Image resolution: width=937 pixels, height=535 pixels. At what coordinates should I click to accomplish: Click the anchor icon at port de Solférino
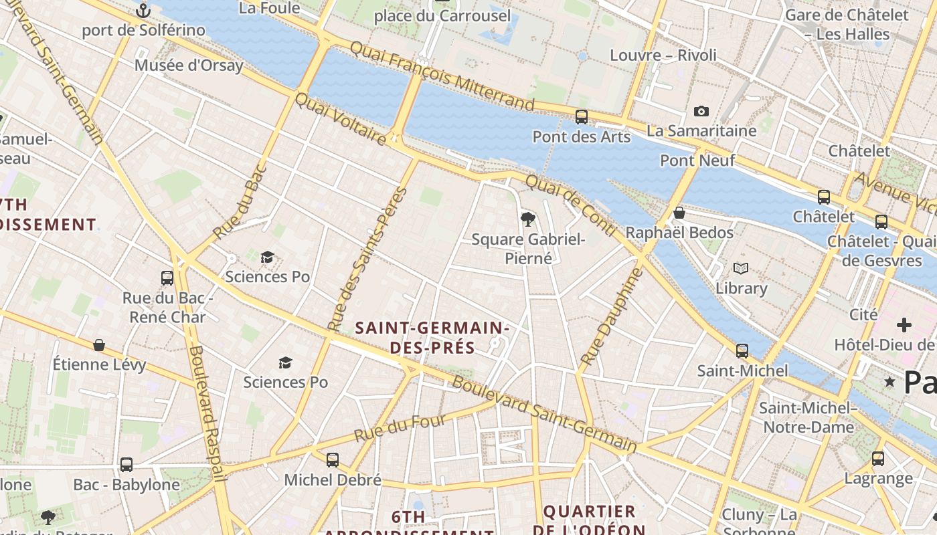coord(143,11)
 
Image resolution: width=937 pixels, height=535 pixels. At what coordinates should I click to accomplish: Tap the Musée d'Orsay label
coord(189,66)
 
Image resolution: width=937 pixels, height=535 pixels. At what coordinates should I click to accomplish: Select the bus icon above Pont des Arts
coord(581,117)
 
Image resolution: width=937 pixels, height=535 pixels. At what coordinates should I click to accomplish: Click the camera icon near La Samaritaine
coord(701,111)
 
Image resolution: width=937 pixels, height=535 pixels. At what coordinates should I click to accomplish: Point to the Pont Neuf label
coord(697,160)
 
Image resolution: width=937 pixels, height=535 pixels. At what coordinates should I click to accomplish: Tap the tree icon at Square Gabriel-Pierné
coord(528,219)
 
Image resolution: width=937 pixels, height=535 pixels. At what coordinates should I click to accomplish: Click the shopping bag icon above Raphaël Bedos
coord(679,213)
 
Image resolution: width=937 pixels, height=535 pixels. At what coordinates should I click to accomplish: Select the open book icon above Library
coord(740,269)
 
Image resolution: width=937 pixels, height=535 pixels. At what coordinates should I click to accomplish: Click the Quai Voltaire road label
coord(340,118)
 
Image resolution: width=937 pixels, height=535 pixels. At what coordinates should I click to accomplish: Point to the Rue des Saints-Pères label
coord(368,259)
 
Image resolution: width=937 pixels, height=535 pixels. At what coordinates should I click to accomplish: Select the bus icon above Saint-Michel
coord(742,351)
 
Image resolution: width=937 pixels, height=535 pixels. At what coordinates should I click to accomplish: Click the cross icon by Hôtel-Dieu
coord(904,326)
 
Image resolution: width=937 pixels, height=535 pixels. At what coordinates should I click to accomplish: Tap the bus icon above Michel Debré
coord(332,460)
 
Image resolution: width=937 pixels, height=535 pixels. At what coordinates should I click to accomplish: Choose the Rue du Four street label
coord(400,428)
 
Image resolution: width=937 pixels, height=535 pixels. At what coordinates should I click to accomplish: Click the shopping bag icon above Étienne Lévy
coord(99,345)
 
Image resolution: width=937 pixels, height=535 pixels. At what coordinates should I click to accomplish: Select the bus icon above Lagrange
coord(877,459)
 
